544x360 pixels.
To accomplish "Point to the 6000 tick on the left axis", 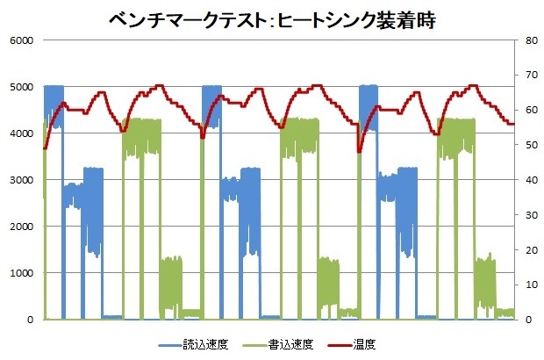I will click(x=22, y=40).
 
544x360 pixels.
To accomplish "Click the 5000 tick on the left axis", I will click(x=22, y=87).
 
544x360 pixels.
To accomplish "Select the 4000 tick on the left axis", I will click(x=22, y=133).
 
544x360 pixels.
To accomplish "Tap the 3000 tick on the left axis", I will click(x=22, y=180).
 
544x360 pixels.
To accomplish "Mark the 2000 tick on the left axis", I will click(x=22, y=227).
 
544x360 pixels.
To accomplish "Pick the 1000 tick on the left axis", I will click(x=22, y=273).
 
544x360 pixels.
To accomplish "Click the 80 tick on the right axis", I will click(x=524, y=40).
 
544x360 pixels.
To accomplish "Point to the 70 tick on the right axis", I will click(x=524, y=76).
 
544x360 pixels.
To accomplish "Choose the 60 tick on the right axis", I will click(x=524, y=111).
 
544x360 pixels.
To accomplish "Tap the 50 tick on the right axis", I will click(x=524, y=145).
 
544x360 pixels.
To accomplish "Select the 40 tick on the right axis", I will click(x=524, y=180).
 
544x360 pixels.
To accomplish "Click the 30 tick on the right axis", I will click(x=524, y=215).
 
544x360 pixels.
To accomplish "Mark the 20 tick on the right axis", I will click(x=524, y=250).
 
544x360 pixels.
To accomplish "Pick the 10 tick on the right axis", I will click(x=524, y=284).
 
